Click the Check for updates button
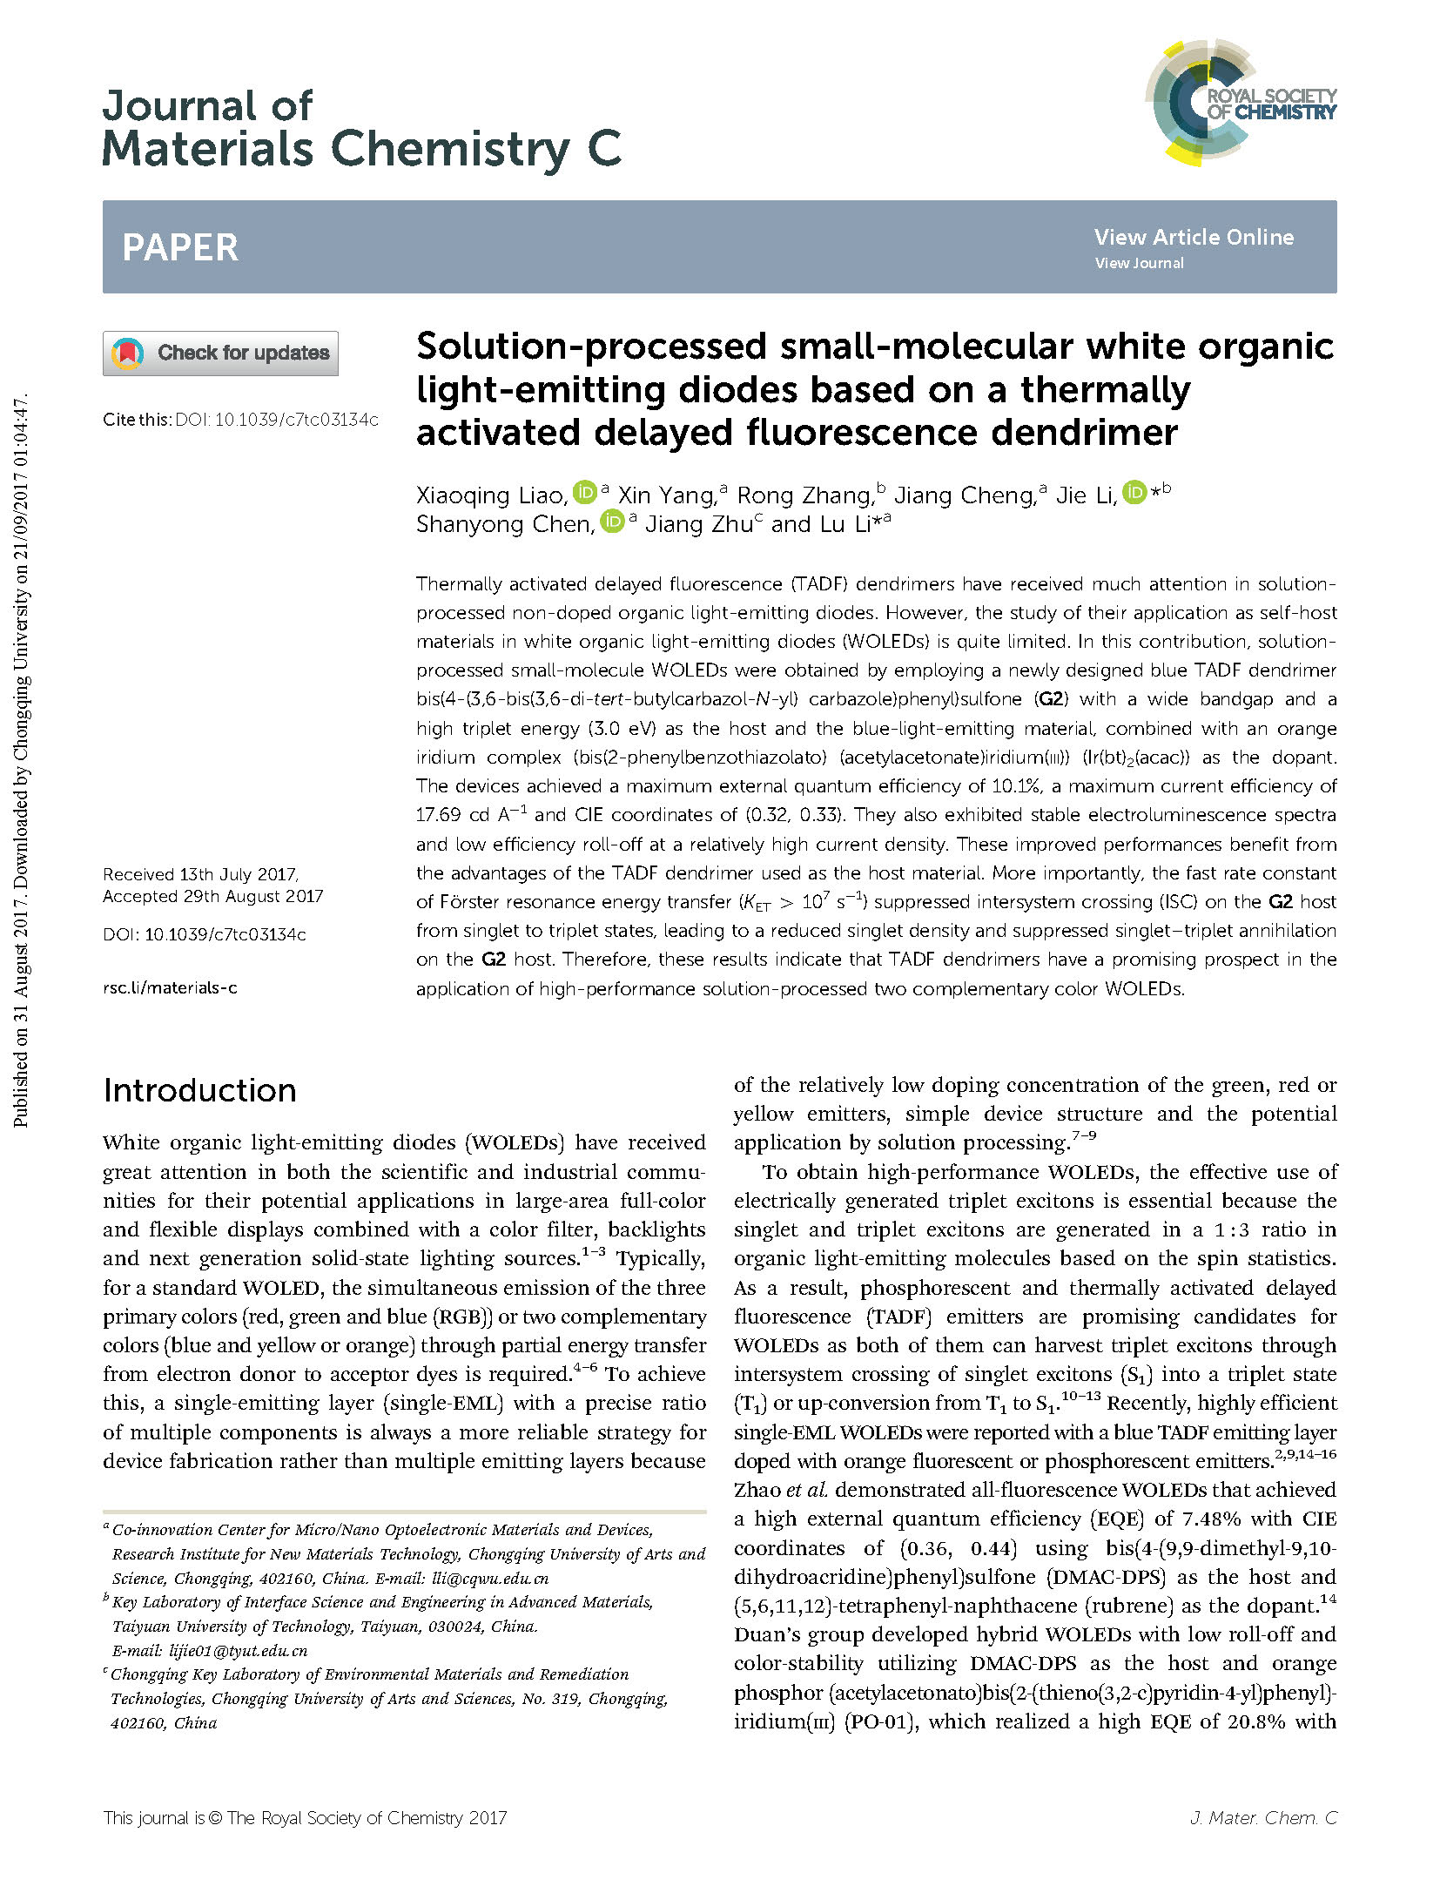[220, 354]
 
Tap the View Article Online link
[1194, 237]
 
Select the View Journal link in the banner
[1139, 263]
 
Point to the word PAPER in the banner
[180, 247]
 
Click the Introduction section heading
[199, 1090]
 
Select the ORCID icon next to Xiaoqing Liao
[584, 493]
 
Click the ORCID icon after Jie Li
[1134, 493]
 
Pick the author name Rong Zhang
[804, 495]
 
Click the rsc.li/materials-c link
[170, 987]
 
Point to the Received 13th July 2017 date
[201, 874]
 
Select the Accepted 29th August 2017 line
[212, 896]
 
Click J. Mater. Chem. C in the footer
[1262, 1817]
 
